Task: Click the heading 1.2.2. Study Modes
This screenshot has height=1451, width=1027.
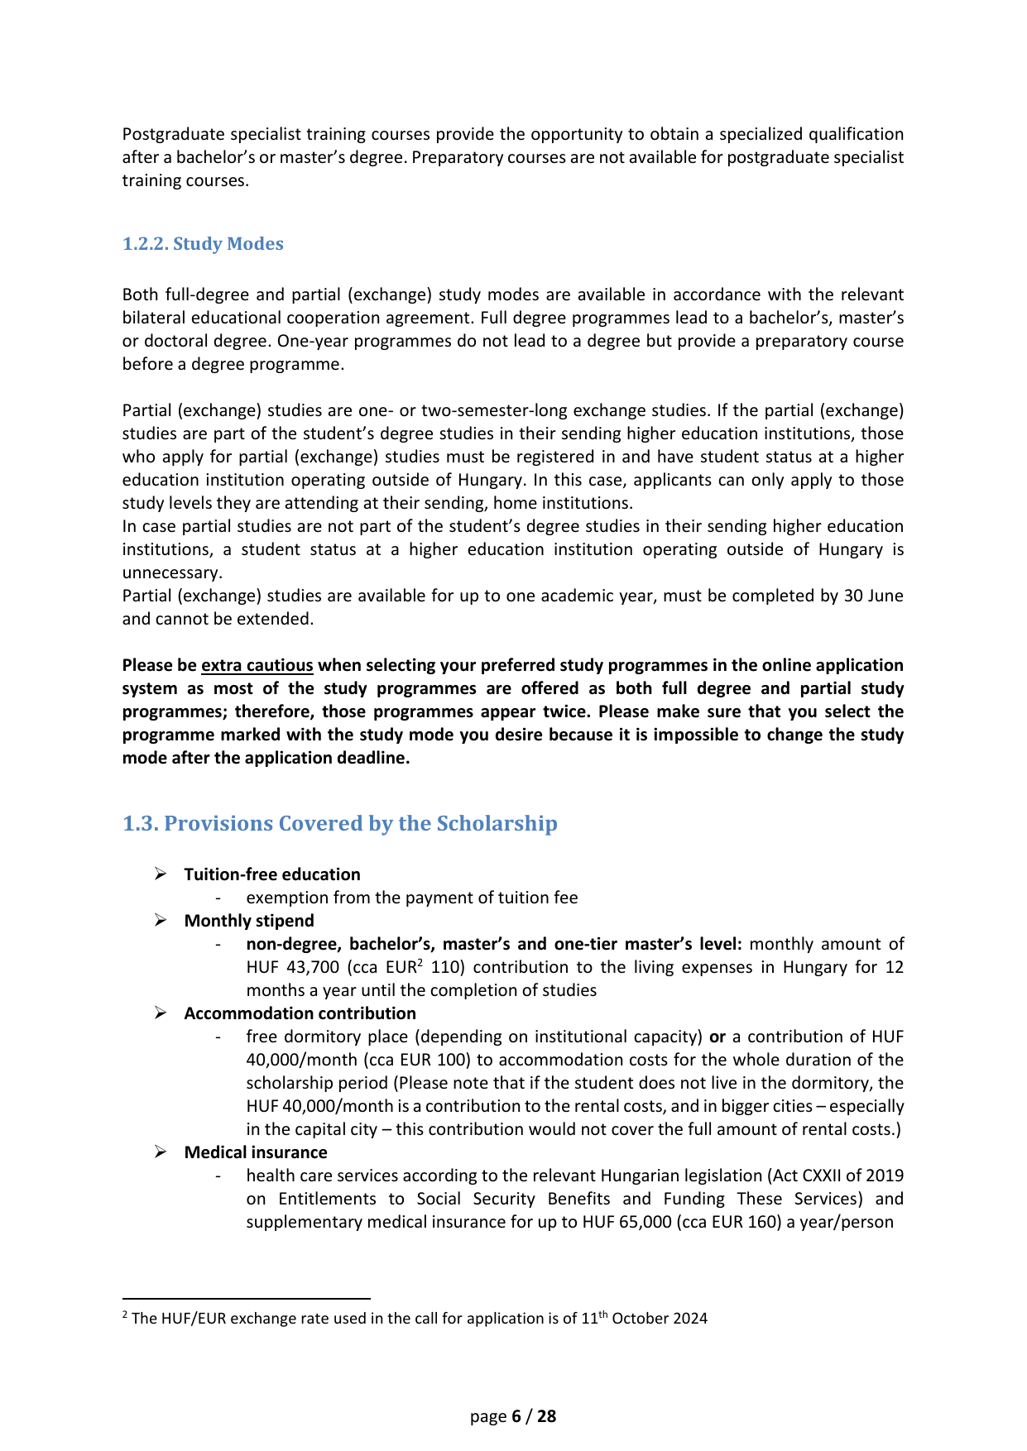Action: [x=203, y=244]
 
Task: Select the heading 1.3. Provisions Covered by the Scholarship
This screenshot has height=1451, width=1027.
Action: [x=339, y=824]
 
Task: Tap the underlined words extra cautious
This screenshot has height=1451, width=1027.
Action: [x=257, y=666]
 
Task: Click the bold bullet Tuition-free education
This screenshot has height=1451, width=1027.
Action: [x=272, y=874]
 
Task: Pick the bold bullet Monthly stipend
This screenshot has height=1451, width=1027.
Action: [x=249, y=921]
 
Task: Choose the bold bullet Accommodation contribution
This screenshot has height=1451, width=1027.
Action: [x=300, y=1013]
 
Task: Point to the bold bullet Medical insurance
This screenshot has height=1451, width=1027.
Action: [x=256, y=1152]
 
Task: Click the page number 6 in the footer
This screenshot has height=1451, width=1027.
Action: [x=516, y=1416]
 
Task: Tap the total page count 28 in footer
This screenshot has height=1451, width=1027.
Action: [x=547, y=1416]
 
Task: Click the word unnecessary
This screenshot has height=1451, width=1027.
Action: [x=171, y=572]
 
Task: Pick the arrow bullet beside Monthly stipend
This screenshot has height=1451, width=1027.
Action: [x=161, y=921]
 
